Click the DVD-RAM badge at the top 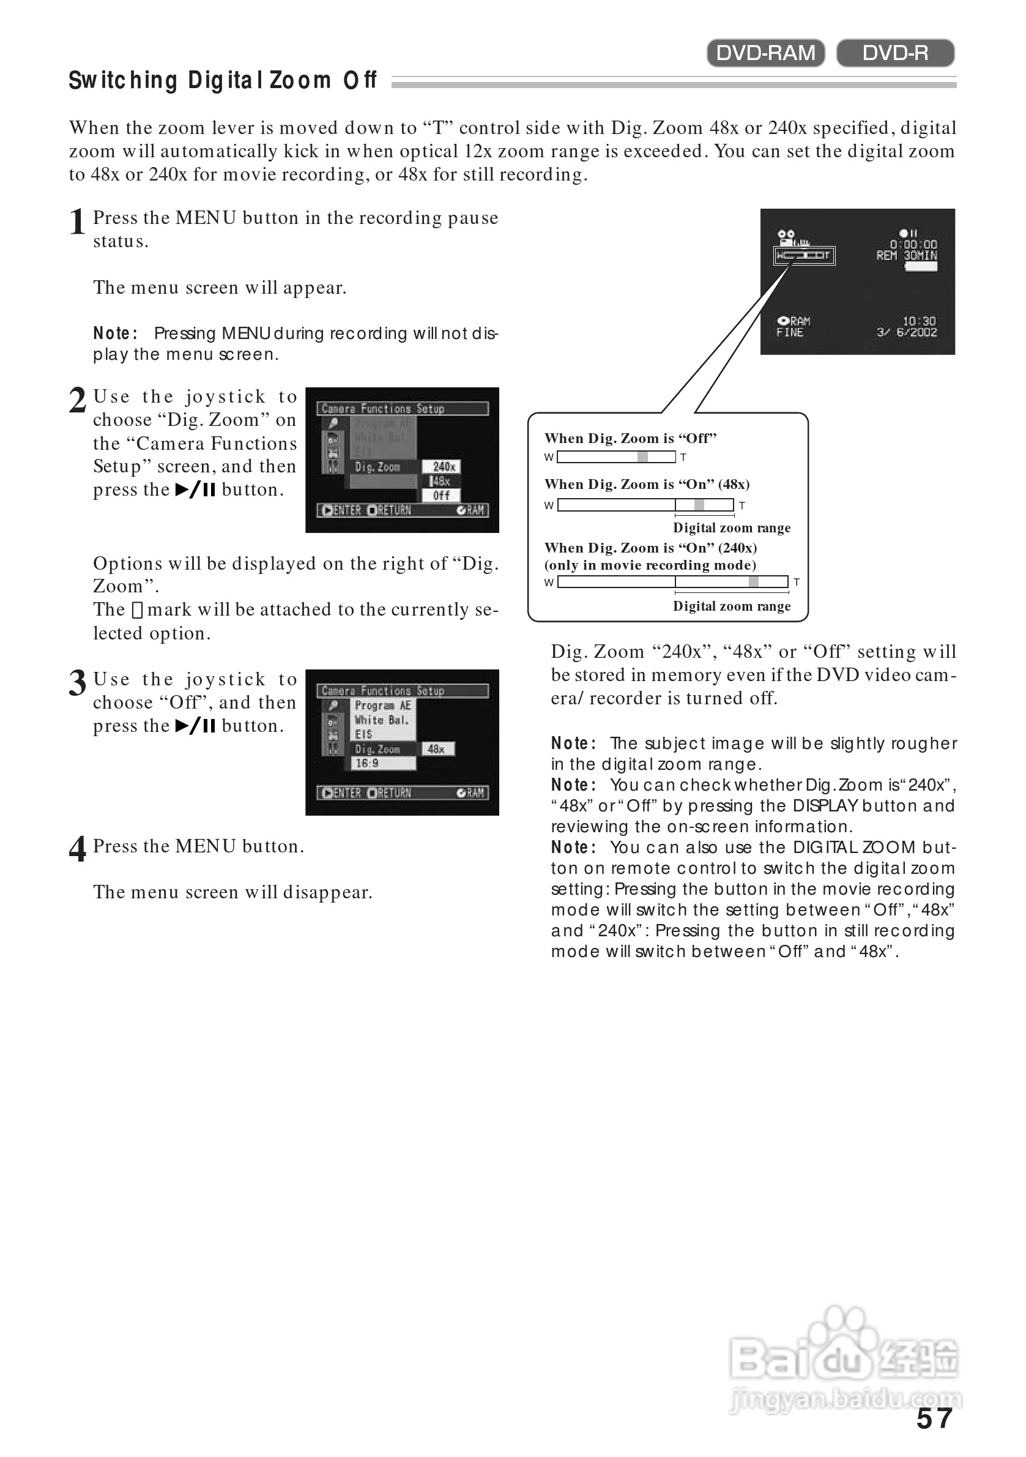tap(765, 53)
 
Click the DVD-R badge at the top tap(894, 53)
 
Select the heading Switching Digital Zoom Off tap(223, 81)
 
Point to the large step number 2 tap(78, 401)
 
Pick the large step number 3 tap(78, 684)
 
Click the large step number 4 tap(78, 850)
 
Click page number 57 tap(934, 1419)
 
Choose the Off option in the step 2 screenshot tap(442, 496)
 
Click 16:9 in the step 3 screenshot tap(367, 764)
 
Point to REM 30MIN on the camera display tap(906, 256)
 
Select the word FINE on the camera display tap(789, 332)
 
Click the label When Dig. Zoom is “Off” tap(630, 439)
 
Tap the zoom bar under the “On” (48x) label tap(645, 505)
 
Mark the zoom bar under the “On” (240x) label tap(672, 582)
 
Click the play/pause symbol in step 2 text tap(195, 490)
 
